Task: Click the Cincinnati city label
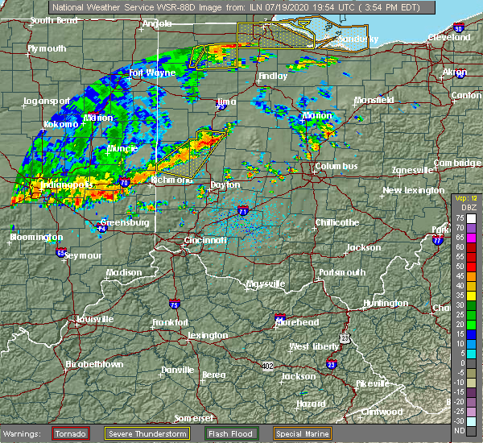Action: [205, 240]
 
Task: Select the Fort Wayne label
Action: [152, 72]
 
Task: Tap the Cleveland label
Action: [448, 38]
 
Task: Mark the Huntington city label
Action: [386, 303]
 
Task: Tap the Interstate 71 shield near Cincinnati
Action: [242, 211]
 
